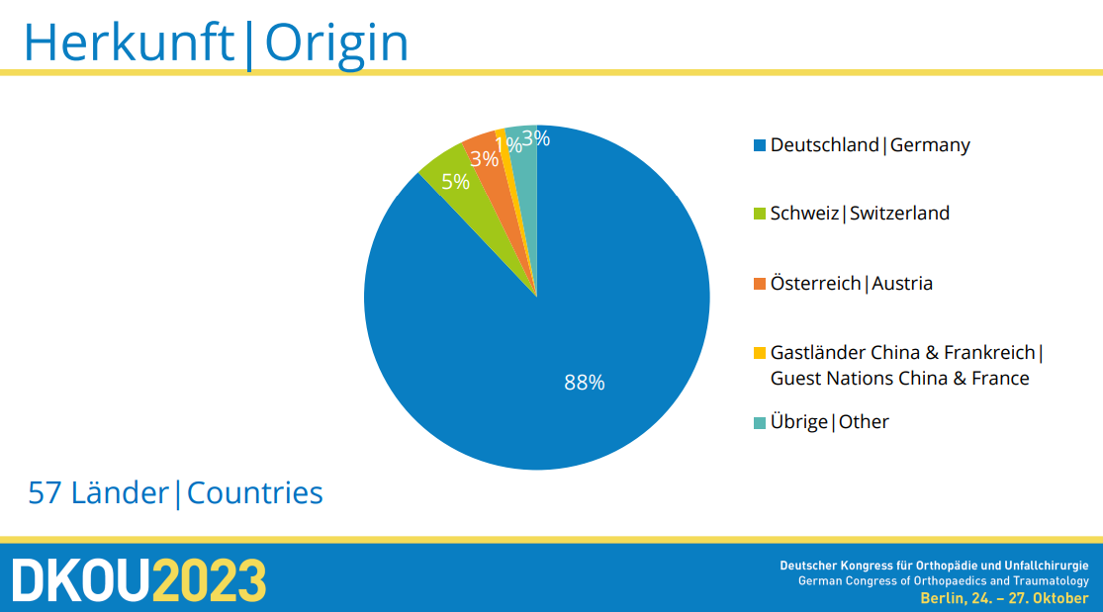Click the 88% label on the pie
pyautogui.click(x=585, y=382)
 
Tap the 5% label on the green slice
pyautogui.click(x=455, y=182)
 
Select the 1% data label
pyautogui.click(x=507, y=145)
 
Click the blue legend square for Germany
pyautogui.click(x=759, y=145)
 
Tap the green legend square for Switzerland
pyautogui.click(x=759, y=214)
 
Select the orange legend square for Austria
pyautogui.click(x=759, y=284)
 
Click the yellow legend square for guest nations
pyautogui.click(x=759, y=352)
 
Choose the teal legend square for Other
pyautogui.click(x=759, y=423)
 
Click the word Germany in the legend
pyautogui.click(x=930, y=145)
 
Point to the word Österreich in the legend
pyautogui.click(x=815, y=283)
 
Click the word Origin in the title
pyautogui.click(x=336, y=44)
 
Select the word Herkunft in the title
pyautogui.click(x=129, y=43)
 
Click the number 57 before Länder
pyautogui.click(x=46, y=493)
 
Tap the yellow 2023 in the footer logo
pyautogui.click(x=210, y=580)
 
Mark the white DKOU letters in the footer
pyautogui.click(x=81, y=580)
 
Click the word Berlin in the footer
pyautogui.click(x=942, y=598)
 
